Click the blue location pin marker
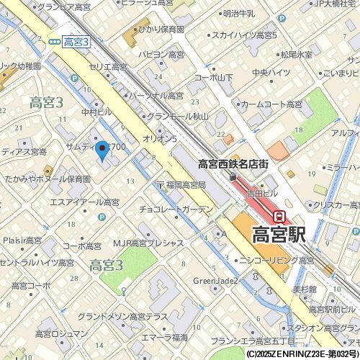pyautogui.click(x=102, y=151)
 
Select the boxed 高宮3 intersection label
pyautogui.click(x=76, y=43)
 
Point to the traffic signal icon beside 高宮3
pyautogui.click(x=55, y=42)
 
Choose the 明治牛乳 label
pyautogui.click(x=239, y=14)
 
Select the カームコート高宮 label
pyautogui.click(x=271, y=104)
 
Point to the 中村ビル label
pyautogui.click(x=97, y=112)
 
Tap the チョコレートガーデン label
pyautogui.click(x=176, y=210)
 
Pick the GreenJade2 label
pyautogui.click(x=215, y=280)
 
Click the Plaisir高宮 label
pyautogui.click(x=25, y=240)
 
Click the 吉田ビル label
pyautogui.click(x=261, y=194)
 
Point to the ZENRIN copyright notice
pyautogui.click(x=302, y=354)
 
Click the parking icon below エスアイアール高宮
pyautogui.click(x=102, y=217)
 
